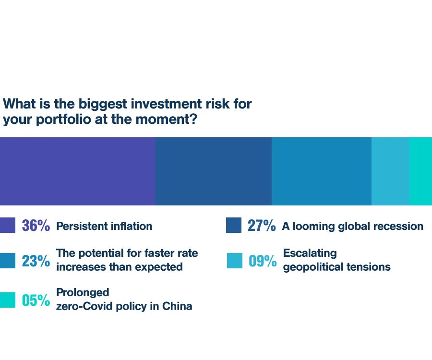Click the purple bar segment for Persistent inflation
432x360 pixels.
point(78,171)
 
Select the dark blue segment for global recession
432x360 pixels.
point(214,171)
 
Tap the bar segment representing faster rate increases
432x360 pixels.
point(322,171)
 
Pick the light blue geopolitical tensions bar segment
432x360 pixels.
point(390,171)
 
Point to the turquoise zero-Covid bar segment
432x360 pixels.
point(420,171)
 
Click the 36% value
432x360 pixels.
point(36,226)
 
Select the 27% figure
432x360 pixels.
point(262,226)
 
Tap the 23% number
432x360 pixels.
point(36,261)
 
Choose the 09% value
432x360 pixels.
point(263,261)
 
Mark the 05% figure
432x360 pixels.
point(36,300)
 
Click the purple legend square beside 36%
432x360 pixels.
point(8,225)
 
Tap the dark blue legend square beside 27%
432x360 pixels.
point(234,225)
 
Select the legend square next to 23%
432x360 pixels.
point(8,261)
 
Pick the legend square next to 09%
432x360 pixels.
point(235,261)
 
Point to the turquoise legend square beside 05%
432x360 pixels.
point(8,300)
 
